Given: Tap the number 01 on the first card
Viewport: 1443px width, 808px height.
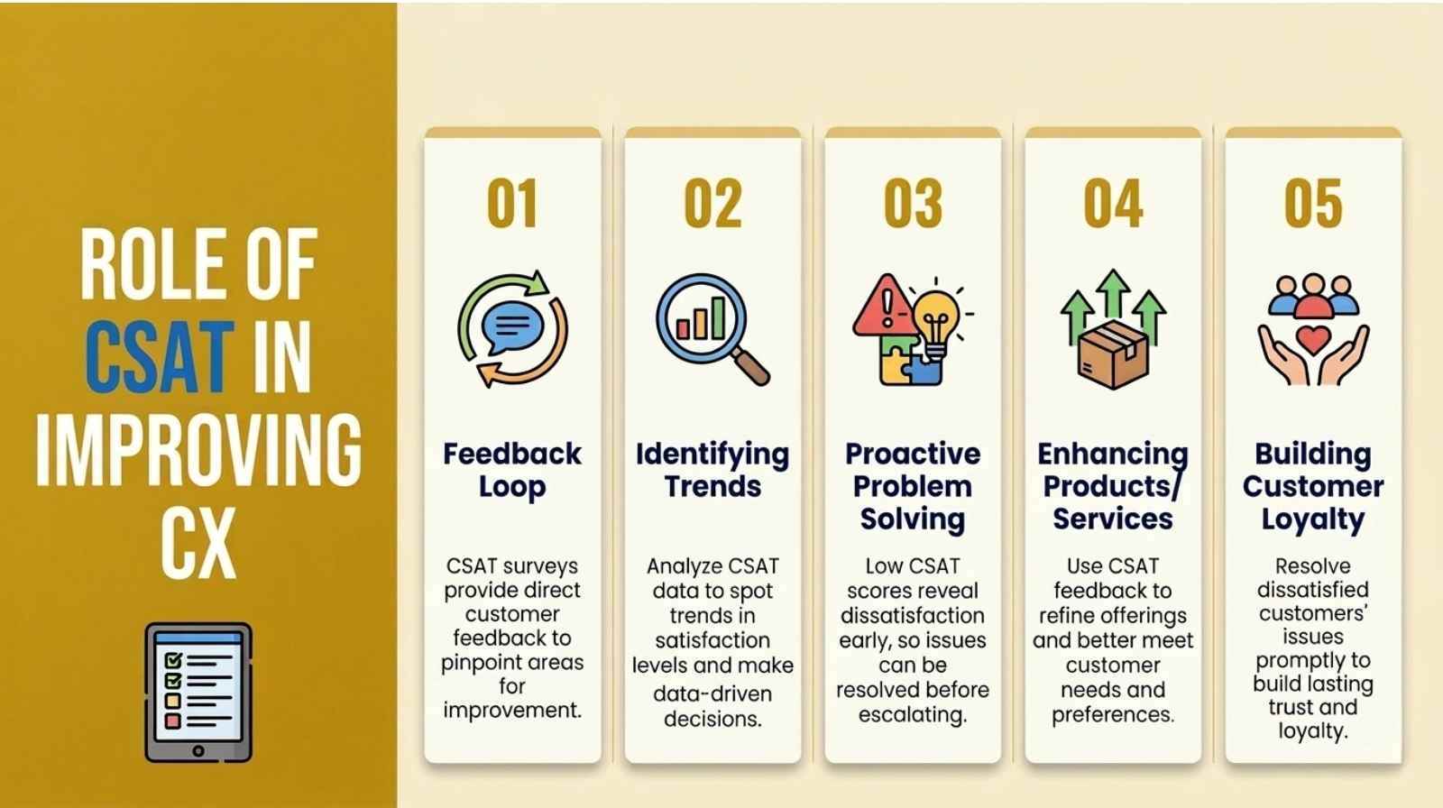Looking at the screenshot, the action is pyautogui.click(x=512, y=204).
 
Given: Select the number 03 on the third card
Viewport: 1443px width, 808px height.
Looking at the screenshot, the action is pyautogui.click(x=913, y=204).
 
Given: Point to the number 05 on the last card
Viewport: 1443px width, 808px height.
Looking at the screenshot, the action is pyautogui.click(x=1313, y=204).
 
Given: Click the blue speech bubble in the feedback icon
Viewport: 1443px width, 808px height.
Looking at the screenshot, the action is pyautogui.click(x=512, y=326).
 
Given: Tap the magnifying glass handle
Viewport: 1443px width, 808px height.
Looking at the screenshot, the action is pyautogui.click(x=751, y=366).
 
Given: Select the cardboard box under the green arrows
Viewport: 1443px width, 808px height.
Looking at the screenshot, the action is pyautogui.click(x=1113, y=354).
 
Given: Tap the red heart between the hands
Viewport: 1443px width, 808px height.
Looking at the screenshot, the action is pyautogui.click(x=1313, y=340).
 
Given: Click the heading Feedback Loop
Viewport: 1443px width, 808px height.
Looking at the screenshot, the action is pyautogui.click(x=512, y=471).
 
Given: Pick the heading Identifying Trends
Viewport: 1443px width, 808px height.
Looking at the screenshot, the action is pyautogui.click(x=712, y=471).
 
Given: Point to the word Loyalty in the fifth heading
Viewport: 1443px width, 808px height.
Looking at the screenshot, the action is pyautogui.click(x=1313, y=519).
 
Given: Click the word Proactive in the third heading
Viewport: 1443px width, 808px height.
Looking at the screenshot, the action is pyautogui.click(x=913, y=454).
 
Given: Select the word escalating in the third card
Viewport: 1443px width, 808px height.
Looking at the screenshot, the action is pyautogui.click(x=913, y=714).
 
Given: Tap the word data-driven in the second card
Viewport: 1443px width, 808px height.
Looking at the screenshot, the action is pyautogui.click(x=712, y=693).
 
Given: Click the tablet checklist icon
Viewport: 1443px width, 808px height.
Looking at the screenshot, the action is pyautogui.click(x=198, y=692).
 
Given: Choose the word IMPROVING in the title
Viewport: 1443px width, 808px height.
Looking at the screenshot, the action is pyautogui.click(x=198, y=450).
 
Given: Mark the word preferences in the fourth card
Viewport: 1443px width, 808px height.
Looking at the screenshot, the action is pyautogui.click(x=1113, y=714).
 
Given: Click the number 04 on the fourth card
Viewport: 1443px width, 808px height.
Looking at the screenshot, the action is pyautogui.click(x=1113, y=204).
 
